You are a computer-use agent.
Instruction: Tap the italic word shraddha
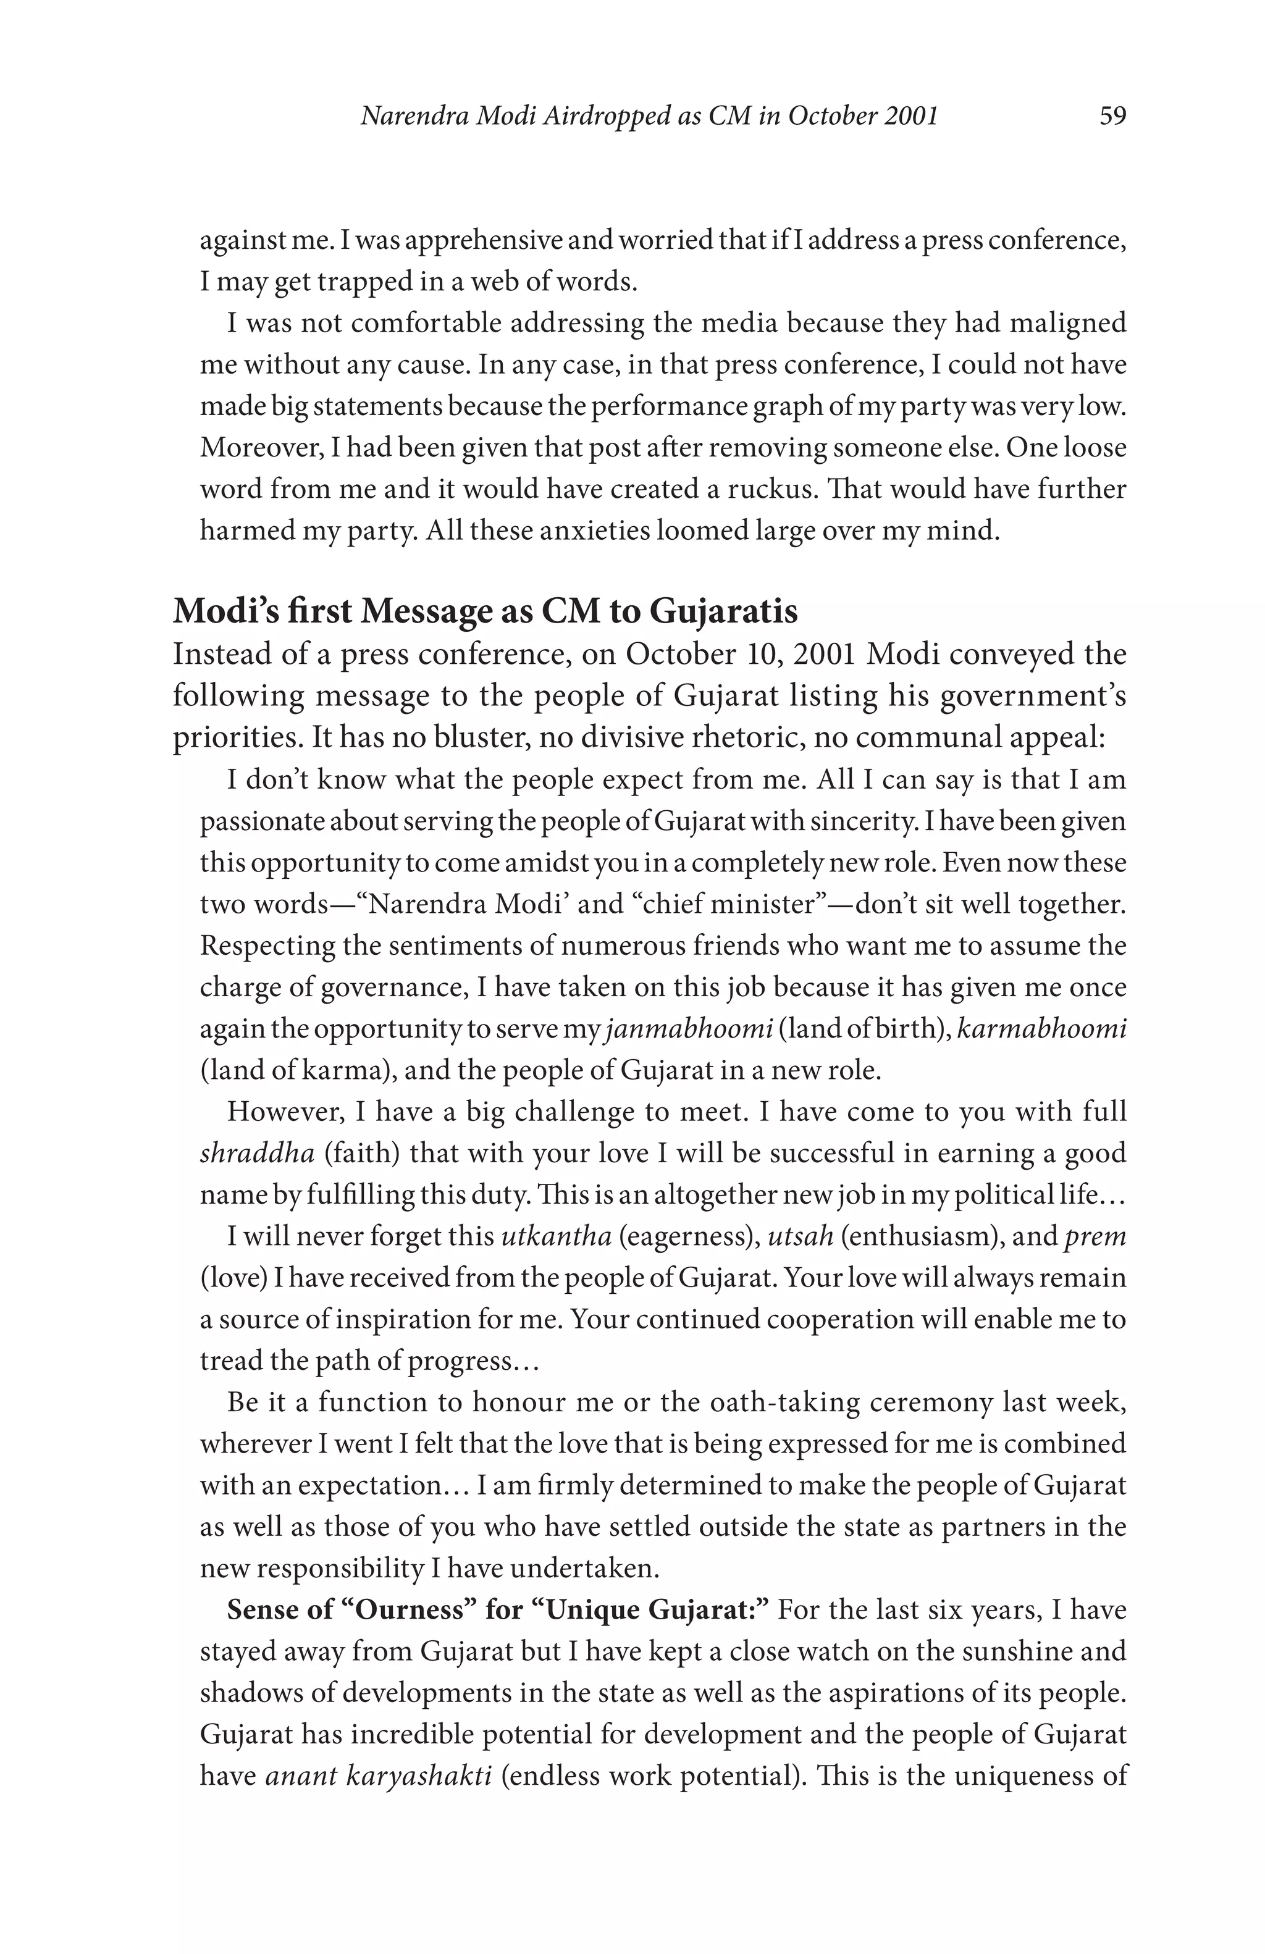click(257, 1154)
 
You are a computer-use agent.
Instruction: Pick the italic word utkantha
click(556, 1236)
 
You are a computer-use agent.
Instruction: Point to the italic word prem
click(1095, 1236)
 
